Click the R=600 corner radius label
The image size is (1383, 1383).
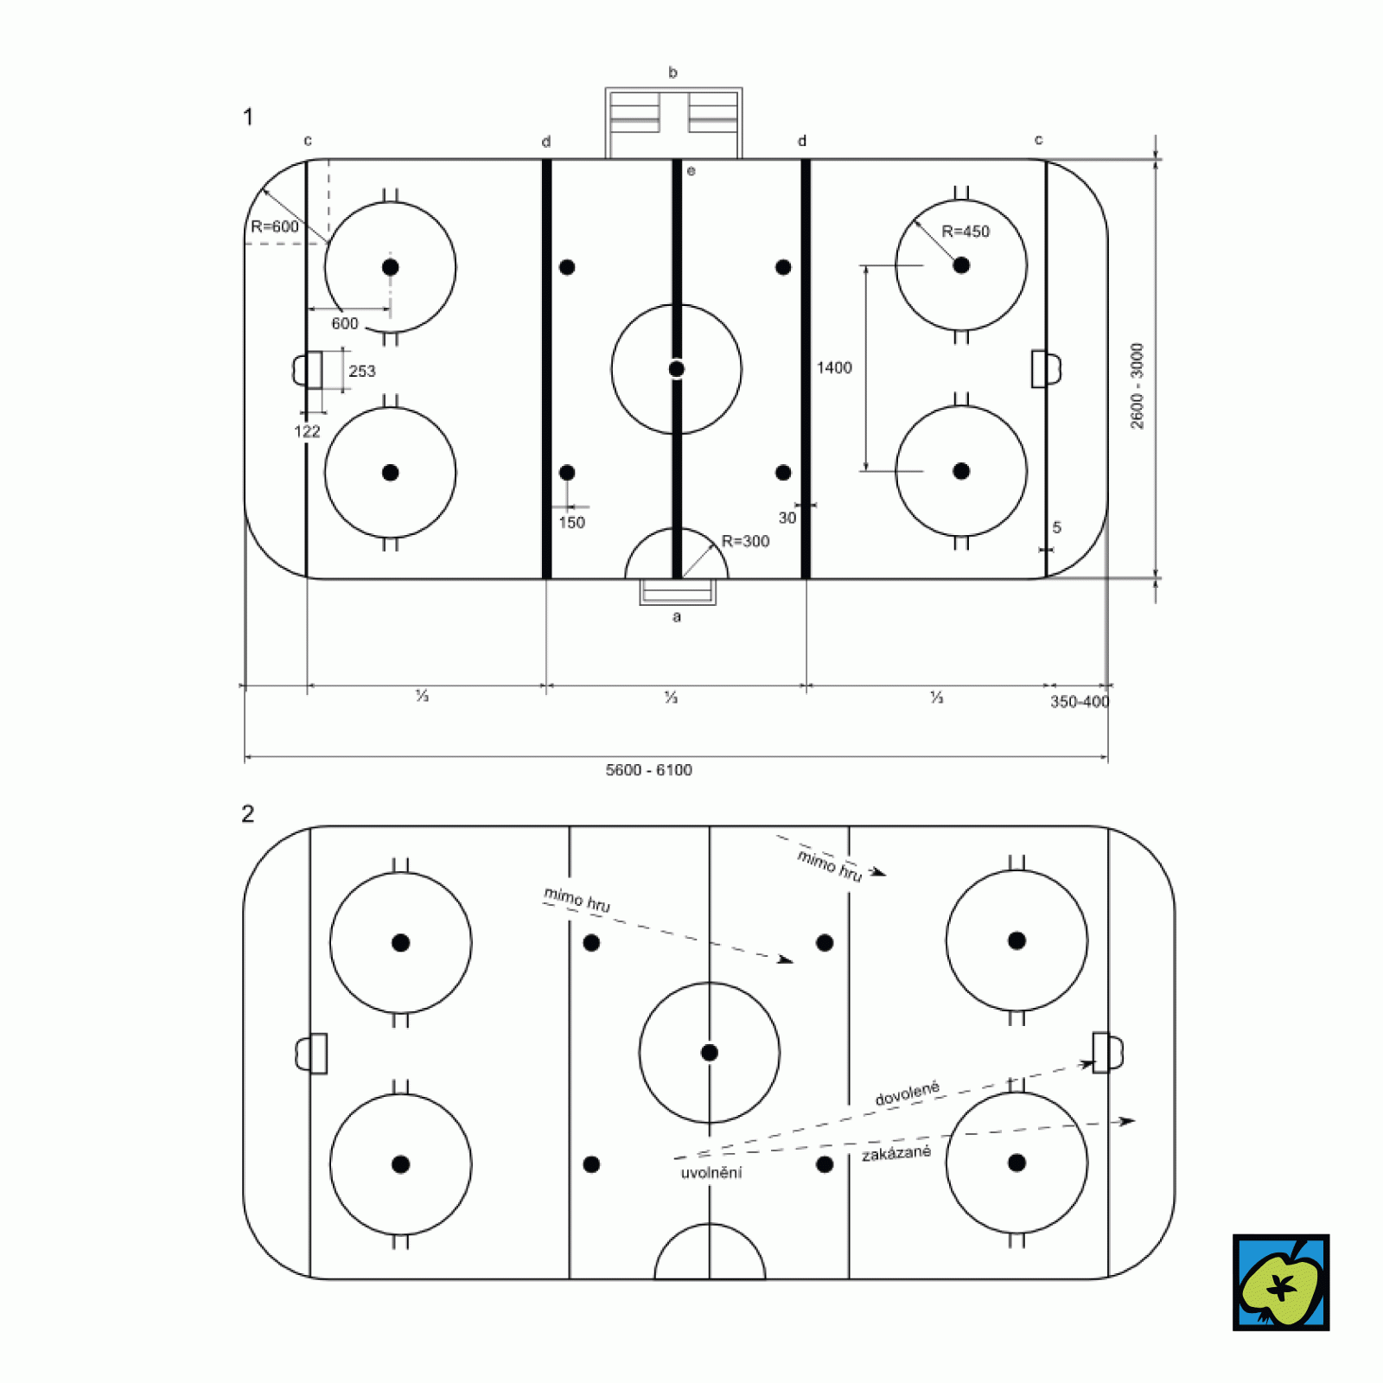[275, 226]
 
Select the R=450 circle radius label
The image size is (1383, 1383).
[966, 232]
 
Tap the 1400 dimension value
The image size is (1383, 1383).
[834, 368]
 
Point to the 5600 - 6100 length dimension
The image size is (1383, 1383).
[648, 770]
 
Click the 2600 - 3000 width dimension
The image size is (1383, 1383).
[1138, 386]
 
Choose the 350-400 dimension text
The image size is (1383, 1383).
[1080, 702]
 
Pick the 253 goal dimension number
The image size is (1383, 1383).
[362, 371]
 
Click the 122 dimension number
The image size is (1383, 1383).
[307, 431]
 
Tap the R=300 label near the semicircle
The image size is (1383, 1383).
[745, 541]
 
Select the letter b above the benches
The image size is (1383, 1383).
[672, 73]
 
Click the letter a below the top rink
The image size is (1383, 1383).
[677, 616]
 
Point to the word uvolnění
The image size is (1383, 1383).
[711, 1173]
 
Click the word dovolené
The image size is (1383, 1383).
[907, 1094]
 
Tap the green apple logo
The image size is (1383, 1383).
[1281, 1283]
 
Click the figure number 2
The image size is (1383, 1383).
[248, 813]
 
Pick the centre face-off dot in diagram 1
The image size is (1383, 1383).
[677, 369]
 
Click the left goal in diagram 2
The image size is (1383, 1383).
[312, 1054]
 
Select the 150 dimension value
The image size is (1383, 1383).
[571, 523]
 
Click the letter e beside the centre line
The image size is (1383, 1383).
[691, 171]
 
